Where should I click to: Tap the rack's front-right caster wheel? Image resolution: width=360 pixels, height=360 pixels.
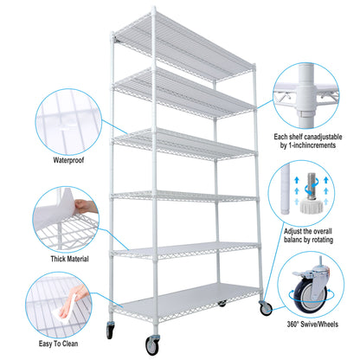pos(265,307)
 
